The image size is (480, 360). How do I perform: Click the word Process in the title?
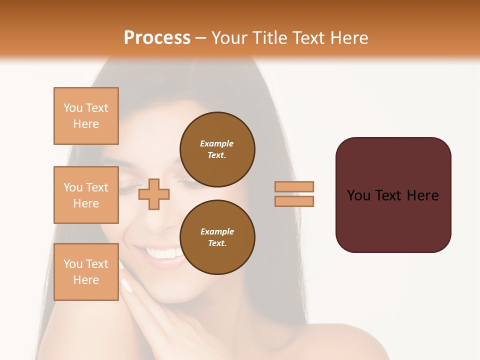click(157, 38)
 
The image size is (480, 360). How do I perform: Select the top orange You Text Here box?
click(86, 116)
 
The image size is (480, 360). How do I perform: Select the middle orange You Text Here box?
click(86, 195)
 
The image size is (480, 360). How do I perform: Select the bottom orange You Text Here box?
click(86, 272)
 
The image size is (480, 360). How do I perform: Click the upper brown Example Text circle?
click(217, 149)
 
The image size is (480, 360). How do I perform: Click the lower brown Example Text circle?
click(217, 237)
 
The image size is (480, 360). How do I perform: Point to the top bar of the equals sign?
click(294, 186)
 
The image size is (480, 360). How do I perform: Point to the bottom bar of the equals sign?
click(294, 201)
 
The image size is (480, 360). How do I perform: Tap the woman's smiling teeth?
click(164, 253)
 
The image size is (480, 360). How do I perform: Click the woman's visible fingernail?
click(127, 285)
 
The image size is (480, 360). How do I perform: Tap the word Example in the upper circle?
click(217, 143)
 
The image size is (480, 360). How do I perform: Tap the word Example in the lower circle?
click(217, 231)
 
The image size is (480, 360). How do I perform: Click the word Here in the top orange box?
click(86, 124)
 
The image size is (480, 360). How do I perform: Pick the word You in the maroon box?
click(358, 195)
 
